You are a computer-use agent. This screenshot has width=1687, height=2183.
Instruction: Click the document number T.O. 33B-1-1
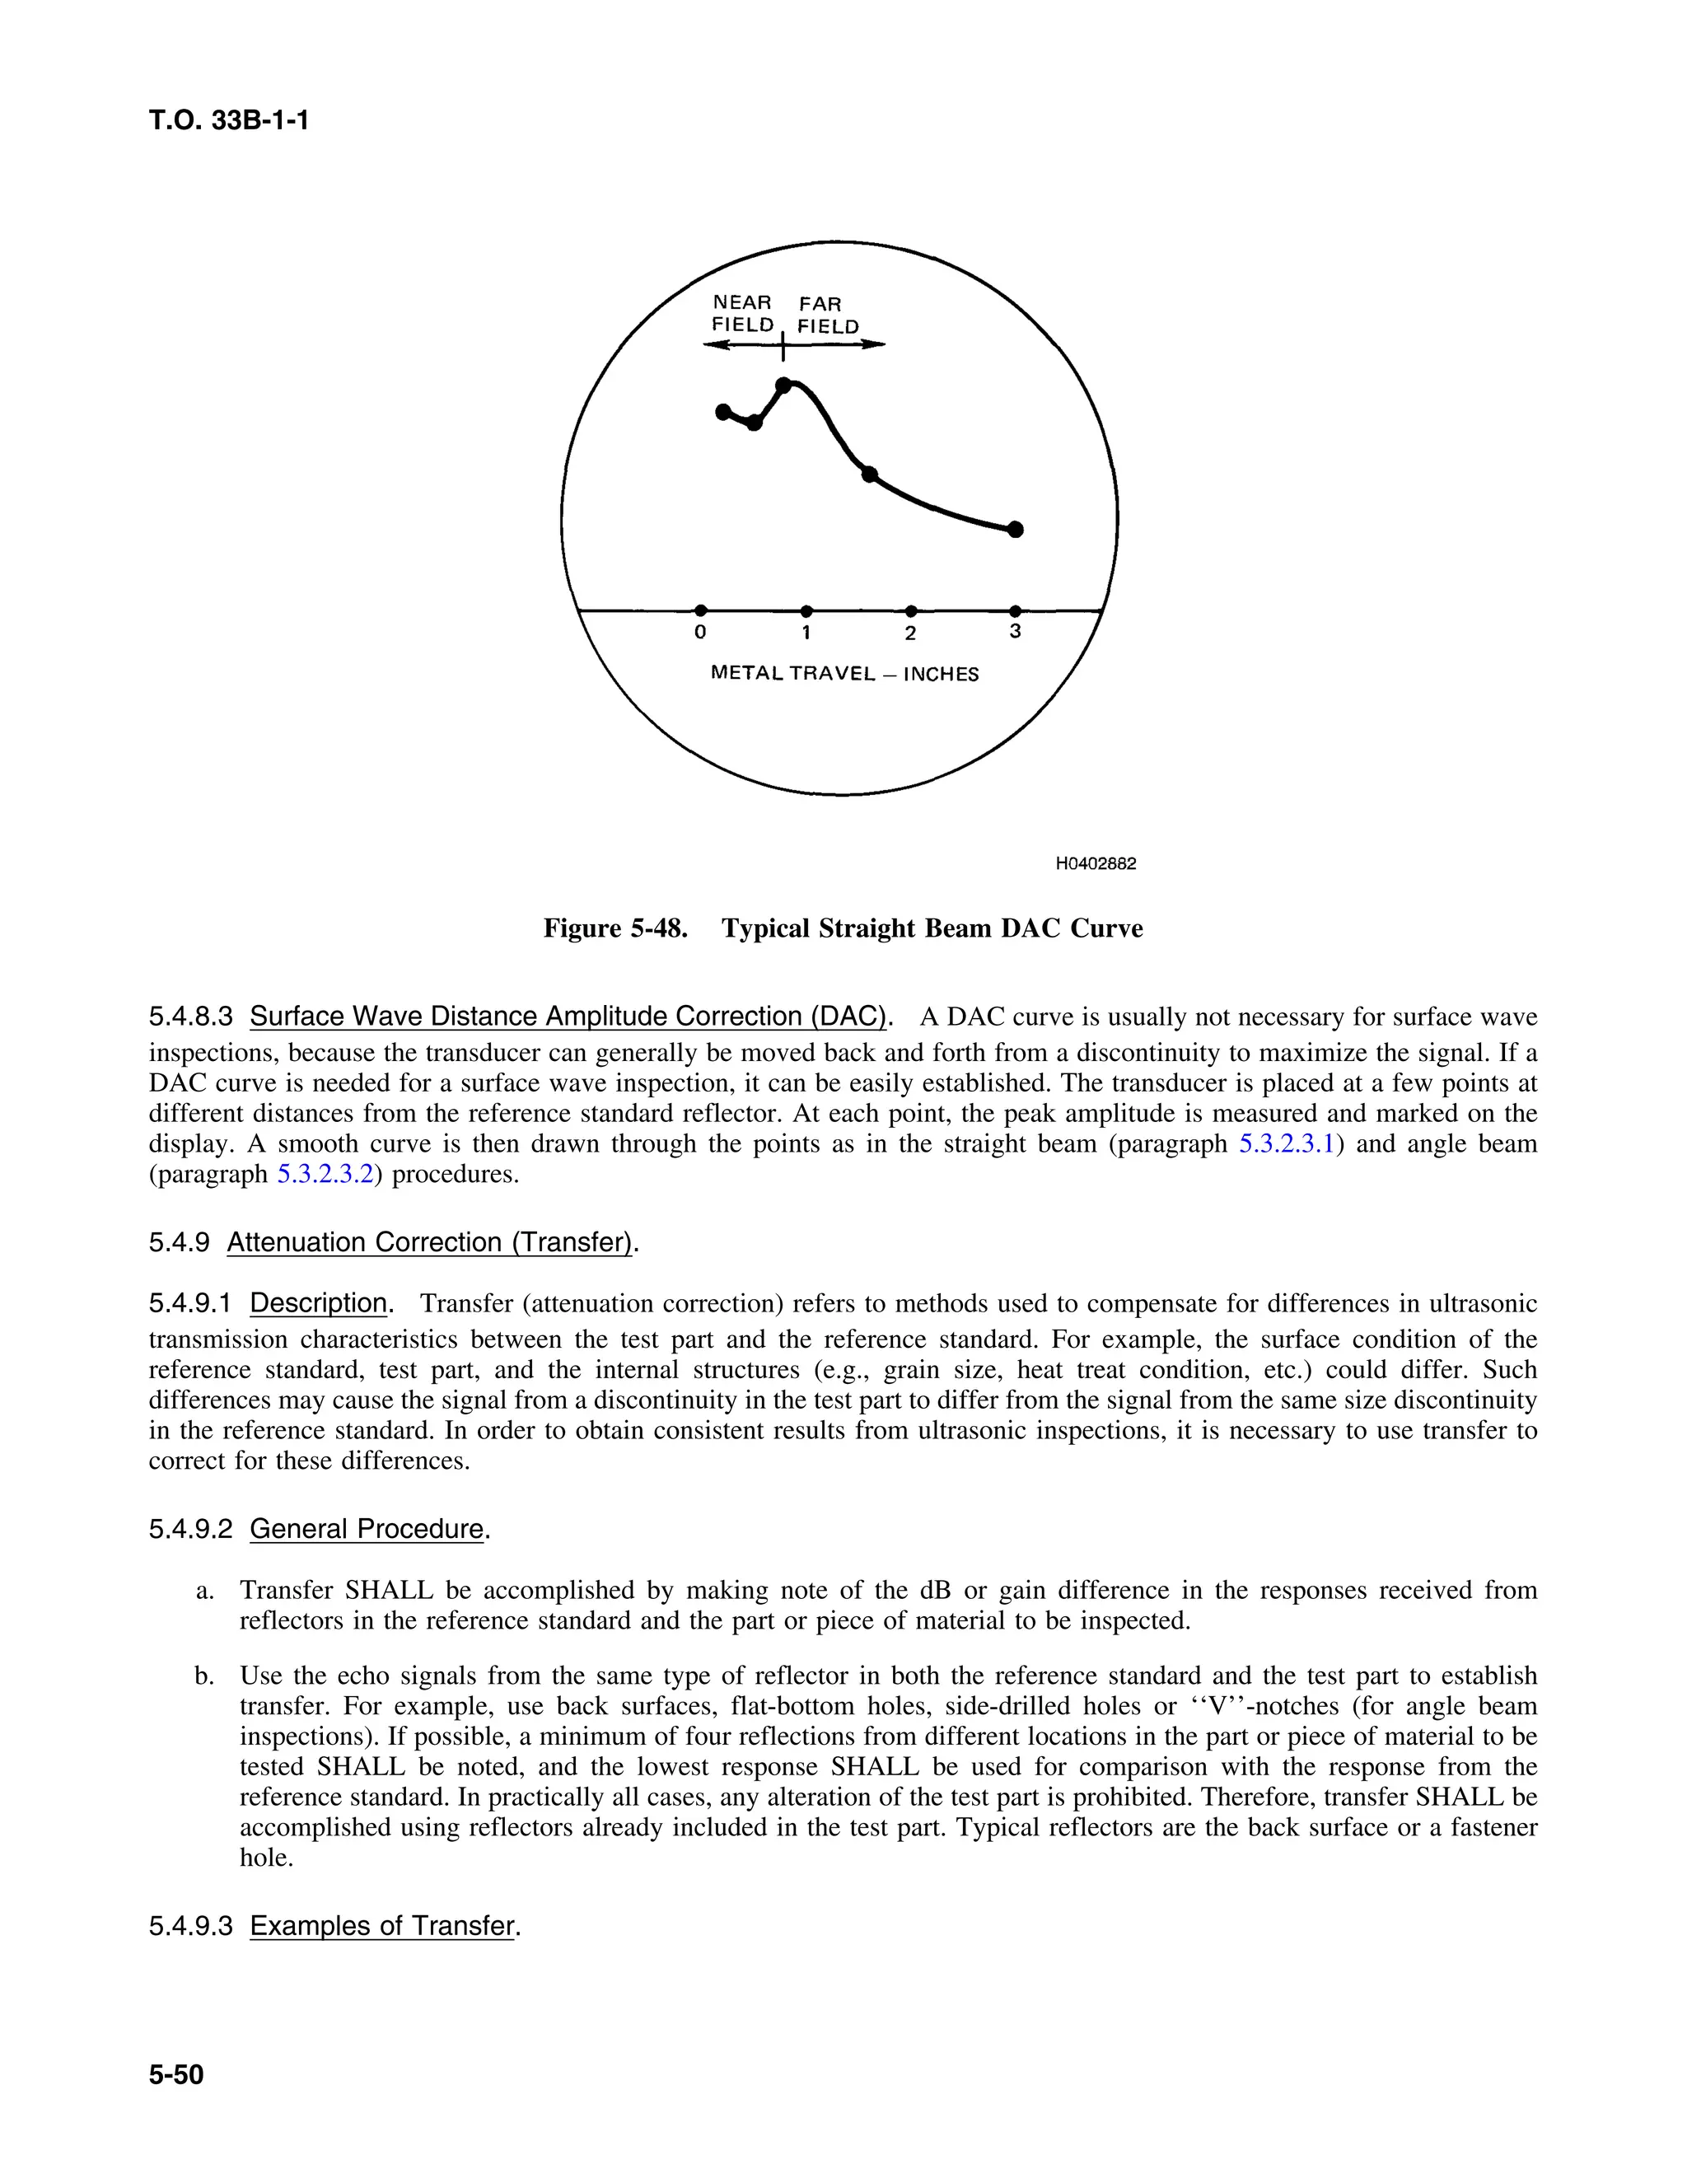coord(229,121)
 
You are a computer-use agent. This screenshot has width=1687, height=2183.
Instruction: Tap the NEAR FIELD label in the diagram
coord(742,314)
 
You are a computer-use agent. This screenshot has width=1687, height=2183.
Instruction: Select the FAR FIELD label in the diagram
coord(828,315)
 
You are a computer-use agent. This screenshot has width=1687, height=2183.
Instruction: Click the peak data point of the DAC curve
coord(784,385)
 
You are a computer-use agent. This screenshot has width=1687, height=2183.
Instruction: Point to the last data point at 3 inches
coord(1016,529)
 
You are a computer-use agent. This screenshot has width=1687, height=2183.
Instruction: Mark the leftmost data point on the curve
coord(723,412)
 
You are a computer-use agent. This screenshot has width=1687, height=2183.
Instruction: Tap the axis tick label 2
coord(910,633)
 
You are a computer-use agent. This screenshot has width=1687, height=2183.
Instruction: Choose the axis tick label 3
coord(1016,632)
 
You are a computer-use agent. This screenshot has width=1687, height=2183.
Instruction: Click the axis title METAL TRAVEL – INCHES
coord(844,674)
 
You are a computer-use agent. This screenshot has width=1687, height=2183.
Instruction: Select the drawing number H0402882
coord(1096,863)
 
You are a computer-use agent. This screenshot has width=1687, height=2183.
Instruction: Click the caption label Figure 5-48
coord(615,928)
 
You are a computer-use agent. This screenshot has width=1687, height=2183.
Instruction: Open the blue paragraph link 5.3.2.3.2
coord(325,1173)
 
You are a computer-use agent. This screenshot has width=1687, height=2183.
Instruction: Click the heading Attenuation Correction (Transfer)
coord(431,1242)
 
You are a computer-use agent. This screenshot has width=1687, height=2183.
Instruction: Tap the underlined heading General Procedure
coord(367,1529)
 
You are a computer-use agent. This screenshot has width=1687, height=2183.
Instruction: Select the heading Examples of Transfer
coord(381,1926)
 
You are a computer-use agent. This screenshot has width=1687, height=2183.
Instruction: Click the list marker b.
coord(204,1676)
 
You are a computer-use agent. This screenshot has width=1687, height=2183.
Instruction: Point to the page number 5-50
coord(176,2075)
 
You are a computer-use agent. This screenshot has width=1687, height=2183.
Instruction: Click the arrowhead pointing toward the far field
coord(875,345)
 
